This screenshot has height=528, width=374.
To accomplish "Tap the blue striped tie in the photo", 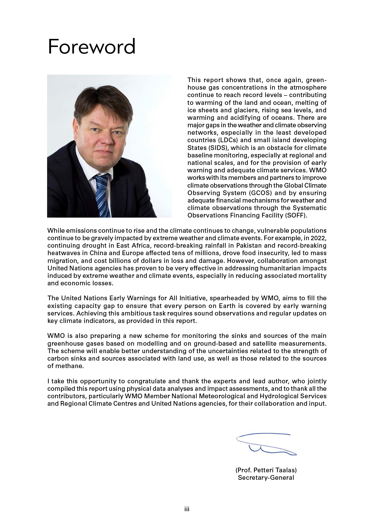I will (x=102, y=194).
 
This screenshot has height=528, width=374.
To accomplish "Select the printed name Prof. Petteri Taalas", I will (x=266, y=470).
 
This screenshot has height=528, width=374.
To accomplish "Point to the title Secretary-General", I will (x=266, y=478).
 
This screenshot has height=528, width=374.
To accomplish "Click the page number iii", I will (x=187, y=509).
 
